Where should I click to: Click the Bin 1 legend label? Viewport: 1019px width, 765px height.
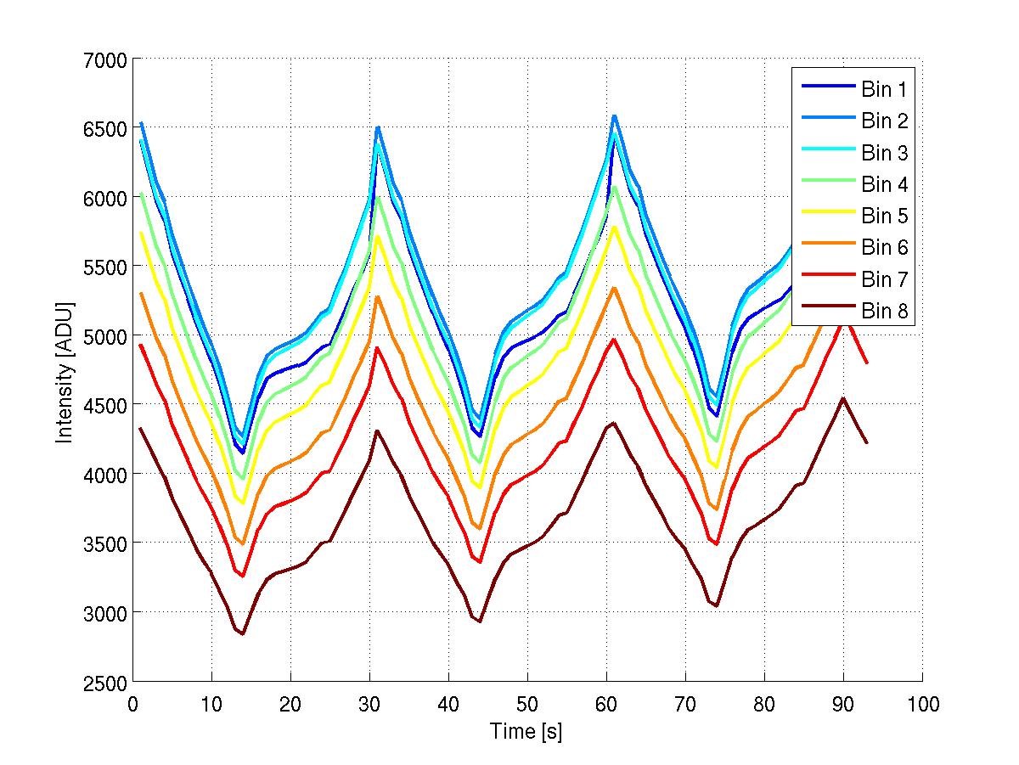click(885, 89)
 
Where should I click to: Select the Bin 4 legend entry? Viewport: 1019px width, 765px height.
click(885, 184)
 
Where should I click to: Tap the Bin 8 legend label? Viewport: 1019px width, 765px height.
click(885, 312)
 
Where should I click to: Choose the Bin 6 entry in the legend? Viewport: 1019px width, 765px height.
click(885, 248)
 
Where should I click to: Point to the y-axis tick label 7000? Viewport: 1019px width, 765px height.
click(104, 59)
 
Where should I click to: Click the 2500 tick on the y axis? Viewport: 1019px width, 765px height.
click(104, 682)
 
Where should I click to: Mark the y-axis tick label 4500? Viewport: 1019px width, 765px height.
click(104, 405)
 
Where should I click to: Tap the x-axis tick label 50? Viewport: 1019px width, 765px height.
click(527, 704)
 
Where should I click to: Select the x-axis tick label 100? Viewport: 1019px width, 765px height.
click(922, 704)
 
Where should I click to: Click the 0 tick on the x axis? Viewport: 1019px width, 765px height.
click(133, 704)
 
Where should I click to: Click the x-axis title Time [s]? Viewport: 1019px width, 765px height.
click(526, 731)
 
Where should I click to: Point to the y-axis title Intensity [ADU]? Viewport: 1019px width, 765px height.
click(64, 371)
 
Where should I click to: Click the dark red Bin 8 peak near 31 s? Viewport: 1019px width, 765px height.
click(377, 430)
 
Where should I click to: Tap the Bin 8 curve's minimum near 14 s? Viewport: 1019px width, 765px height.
click(243, 634)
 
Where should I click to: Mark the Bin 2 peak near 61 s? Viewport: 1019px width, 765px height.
click(614, 115)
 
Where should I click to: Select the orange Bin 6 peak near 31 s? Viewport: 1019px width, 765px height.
click(377, 296)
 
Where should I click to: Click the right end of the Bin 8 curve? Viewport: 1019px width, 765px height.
click(867, 443)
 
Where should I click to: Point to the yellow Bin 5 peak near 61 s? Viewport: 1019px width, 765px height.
click(614, 228)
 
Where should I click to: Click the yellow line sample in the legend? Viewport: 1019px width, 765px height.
click(826, 217)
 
